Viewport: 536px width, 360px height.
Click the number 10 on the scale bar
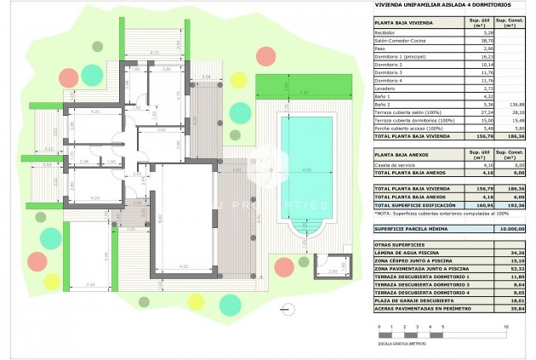pyautogui.click(x=508, y=327)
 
